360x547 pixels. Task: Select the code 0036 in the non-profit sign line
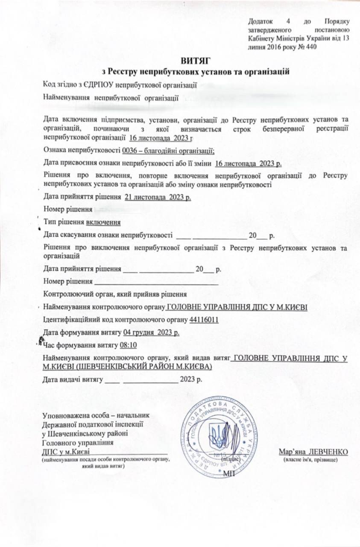click(130, 150)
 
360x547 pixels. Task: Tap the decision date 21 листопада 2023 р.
click(158, 198)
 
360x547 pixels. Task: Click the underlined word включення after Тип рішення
click(103, 222)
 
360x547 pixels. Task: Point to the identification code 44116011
click(204, 320)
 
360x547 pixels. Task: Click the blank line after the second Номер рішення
click(156, 282)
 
